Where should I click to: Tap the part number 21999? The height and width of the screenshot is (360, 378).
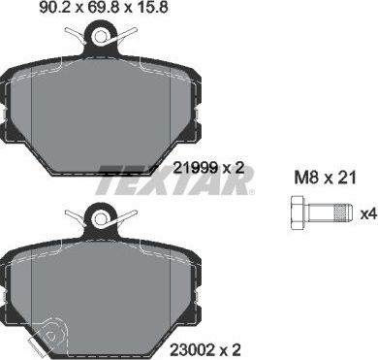click(192, 169)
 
